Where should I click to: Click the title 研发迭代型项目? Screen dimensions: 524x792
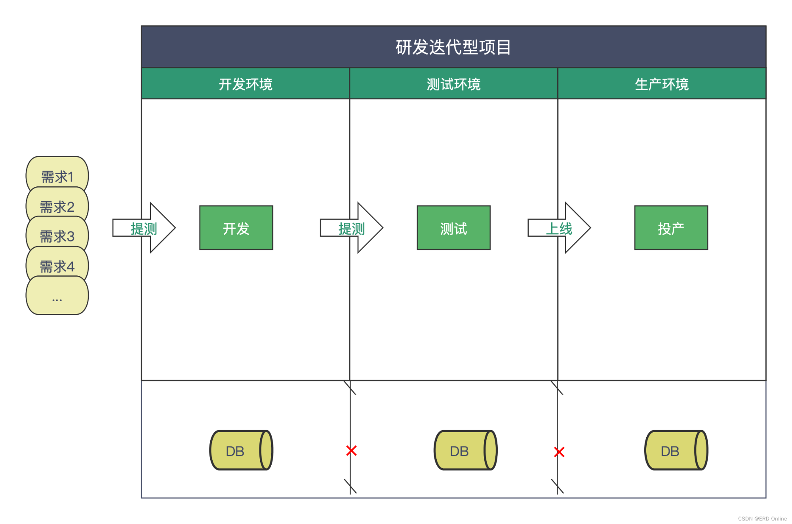coord(453,47)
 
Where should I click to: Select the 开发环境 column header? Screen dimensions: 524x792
coord(246,84)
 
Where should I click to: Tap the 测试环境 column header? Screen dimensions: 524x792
coord(453,84)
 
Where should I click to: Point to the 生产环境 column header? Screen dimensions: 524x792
coord(662,84)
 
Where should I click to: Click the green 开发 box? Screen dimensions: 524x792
coord(236,228)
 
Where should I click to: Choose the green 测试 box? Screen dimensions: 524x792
coord(453,228)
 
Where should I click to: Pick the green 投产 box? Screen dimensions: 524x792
coord(671,228)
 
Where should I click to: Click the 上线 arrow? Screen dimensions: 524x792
coord(559,228)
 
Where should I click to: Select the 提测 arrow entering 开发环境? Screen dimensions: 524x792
coord(144,228)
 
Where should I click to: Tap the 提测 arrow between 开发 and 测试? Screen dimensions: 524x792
coord(351,228)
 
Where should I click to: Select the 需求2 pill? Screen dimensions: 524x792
coord(57,206)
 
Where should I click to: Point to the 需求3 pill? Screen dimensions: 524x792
coord(57,236)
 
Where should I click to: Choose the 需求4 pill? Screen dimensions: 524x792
coord(57,266)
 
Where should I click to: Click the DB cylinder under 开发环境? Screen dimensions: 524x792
coord(241,450)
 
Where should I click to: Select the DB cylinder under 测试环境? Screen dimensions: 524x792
coord(465,450)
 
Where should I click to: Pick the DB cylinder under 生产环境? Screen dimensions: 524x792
coord(676,450)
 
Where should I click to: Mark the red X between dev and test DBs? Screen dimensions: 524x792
coord(351,450)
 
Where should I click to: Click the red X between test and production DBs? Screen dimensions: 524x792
coord(559,452)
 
